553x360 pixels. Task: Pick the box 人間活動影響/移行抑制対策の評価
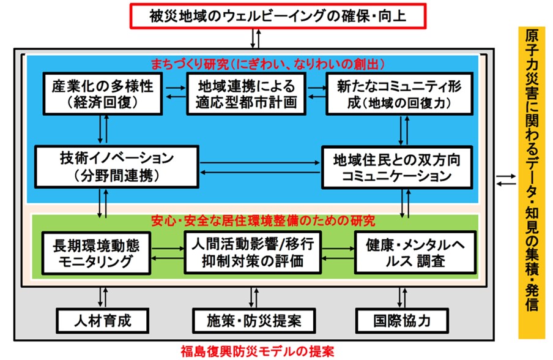click(252, 253)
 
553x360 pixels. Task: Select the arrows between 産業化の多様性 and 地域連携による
click(176, 92)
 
